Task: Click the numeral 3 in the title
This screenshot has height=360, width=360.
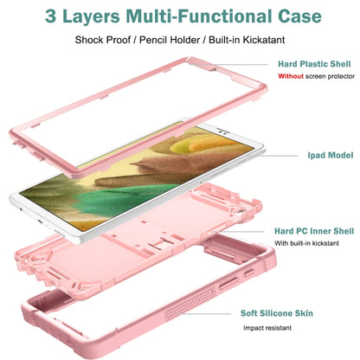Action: pyautogui.click(x=50, y=16)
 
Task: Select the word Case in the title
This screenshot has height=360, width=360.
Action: pyautogui.click(x=299, y=16)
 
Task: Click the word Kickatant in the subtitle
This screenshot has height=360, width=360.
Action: pyautogui.click(x=264, y=40)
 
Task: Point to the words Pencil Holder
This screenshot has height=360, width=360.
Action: pyautogui.click(x=170, y=40)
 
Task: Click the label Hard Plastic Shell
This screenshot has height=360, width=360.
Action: pyautogui.click(x=314, y=64)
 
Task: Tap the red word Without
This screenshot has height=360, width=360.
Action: pyautogui.click(x=291, y=76)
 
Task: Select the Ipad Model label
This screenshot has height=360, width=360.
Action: pyautogui.click(x=331, y=155)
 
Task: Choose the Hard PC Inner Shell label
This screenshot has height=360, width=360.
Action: pyautogui.click(x=314, y=231)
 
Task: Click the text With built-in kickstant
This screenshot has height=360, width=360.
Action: pyautogui.click(x=306, y=243)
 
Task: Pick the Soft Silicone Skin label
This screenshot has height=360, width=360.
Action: pyautogui.click(x=277, y=313)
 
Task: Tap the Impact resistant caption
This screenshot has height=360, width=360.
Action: pyautogui.click(x=267, y=328)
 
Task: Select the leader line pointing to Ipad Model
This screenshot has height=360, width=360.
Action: pyautogui.click(x=279, y=156)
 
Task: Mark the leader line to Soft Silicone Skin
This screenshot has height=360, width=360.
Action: pyautogui.click(x=207, y=313)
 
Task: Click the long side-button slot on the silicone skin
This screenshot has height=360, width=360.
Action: pyautogui.click(x=229, y=283)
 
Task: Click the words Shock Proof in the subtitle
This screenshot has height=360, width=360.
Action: pyautogui.click(x=103, y=40)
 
